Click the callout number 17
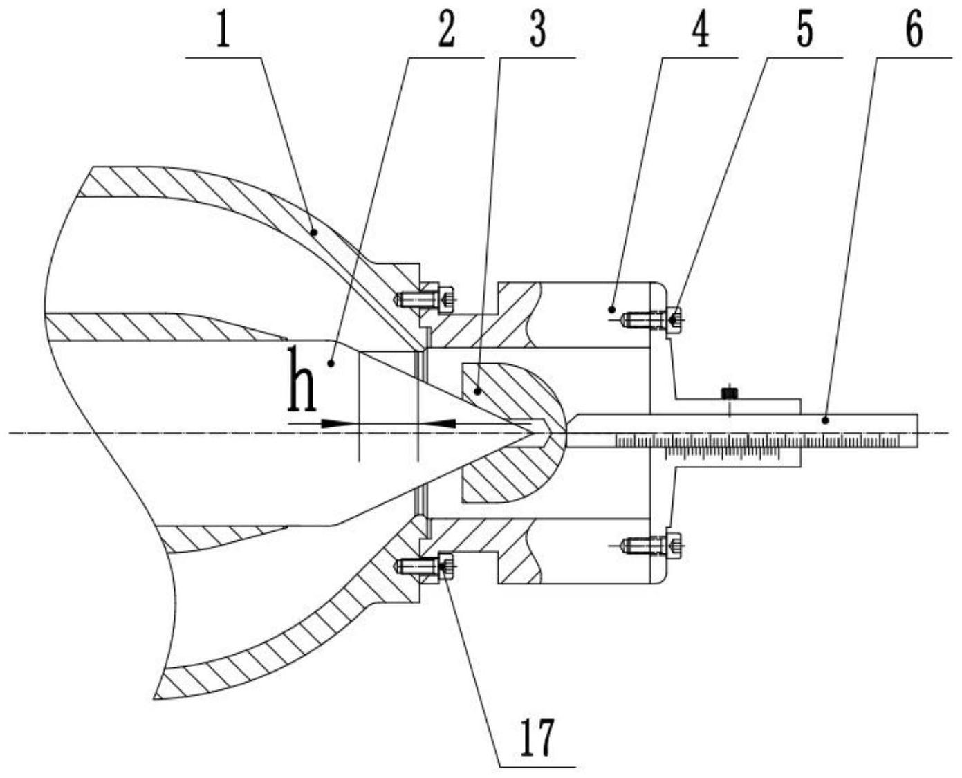tap(537, 737)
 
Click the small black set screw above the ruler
tap(730, 393)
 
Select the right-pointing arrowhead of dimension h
tap(335, 423)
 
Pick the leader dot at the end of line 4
tap(611, 310)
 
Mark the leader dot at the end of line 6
tap(825, 420)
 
